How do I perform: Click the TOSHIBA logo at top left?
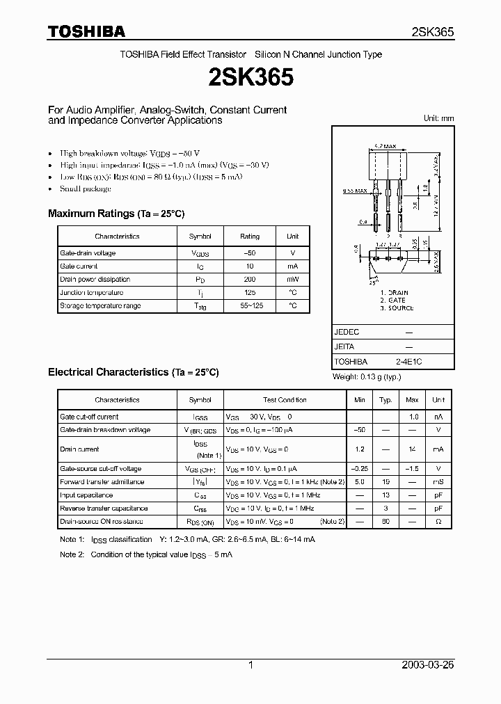tap(86, 31)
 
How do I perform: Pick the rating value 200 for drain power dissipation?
tap(250, 279)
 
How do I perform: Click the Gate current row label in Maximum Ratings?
tap(79, 266)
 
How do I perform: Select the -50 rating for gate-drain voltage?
tap(250, 253)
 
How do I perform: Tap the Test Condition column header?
tap(284, 400)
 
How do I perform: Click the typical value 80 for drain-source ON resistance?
tap(385, 521)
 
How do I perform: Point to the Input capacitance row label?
tap(86, 495)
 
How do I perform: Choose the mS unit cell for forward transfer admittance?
tap(438, 482)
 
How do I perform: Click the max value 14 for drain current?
tap(412, 449)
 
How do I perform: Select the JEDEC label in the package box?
tap(347, 333)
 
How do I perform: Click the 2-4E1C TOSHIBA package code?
tap(408, 362)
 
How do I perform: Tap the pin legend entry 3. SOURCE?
tap(397, 308)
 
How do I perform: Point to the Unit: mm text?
tap(438, 118)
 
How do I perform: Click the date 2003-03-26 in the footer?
tap(428, 665)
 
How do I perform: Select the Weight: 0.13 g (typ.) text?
tap(367, 376)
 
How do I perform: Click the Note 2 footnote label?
tap(72, 554)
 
